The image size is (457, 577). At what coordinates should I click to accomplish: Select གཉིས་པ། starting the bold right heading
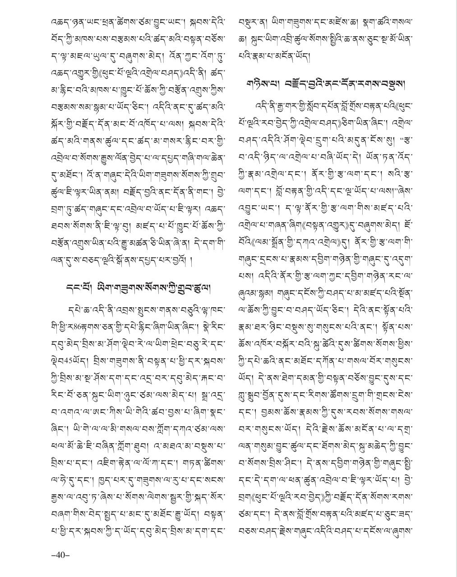[260, 84]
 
